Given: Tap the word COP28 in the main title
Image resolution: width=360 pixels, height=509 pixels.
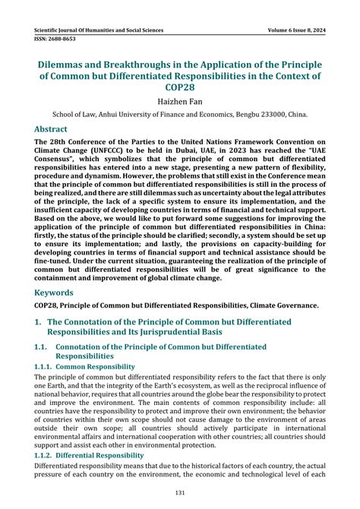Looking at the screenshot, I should click(179, 88).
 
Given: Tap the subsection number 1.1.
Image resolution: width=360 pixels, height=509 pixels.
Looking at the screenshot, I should click(44, 347).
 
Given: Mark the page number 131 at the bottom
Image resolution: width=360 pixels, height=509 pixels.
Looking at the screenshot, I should click(179, 492).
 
